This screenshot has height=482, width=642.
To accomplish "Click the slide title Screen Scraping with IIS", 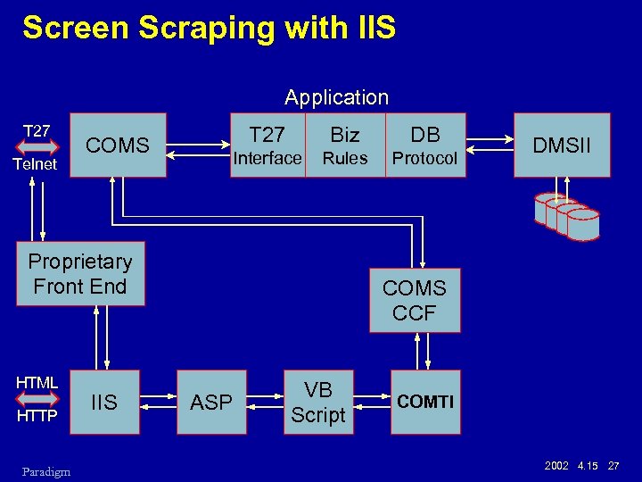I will [x=209, y=28].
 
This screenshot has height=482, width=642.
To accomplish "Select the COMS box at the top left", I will [x=118, y=145].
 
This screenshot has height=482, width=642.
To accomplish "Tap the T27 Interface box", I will [x=267, y=145].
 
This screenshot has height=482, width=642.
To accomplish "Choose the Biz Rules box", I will [x=345, y=145].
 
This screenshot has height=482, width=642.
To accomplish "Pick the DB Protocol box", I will [x=425, y=145].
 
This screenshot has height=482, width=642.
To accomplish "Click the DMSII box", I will [x=562, y=145].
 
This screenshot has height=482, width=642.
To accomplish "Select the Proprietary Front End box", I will [x=80, y=274].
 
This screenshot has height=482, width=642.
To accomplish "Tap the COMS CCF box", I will [x=415, y=301].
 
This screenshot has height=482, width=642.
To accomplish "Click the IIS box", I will [x=105, y=403].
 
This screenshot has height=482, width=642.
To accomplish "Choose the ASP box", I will [x=211, y=403].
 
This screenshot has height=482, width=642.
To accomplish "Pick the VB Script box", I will [x=318, y=403].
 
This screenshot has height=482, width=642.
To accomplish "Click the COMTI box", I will [x=425, y=403].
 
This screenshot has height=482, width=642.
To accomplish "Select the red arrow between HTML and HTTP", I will [x=37, y=400].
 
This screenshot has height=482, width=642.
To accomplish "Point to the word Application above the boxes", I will [x=336, y=97].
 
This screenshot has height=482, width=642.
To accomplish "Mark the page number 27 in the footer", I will [x=613, y=467].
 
